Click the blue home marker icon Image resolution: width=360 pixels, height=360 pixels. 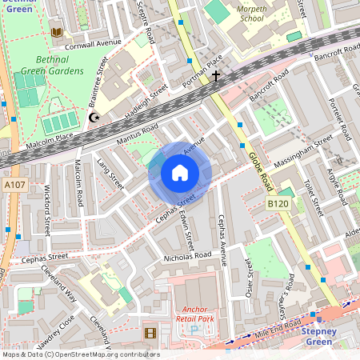coord(180,173)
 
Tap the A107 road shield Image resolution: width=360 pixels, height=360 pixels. coord(14,186)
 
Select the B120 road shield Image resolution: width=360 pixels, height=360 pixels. coord(278,206)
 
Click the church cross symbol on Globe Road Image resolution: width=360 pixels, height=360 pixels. coord(215,76)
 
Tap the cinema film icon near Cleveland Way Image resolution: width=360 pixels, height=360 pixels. coord(150,332)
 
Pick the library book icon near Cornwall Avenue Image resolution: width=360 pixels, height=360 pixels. coord(56,32)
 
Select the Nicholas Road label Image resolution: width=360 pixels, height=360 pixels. coord(186,257)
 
